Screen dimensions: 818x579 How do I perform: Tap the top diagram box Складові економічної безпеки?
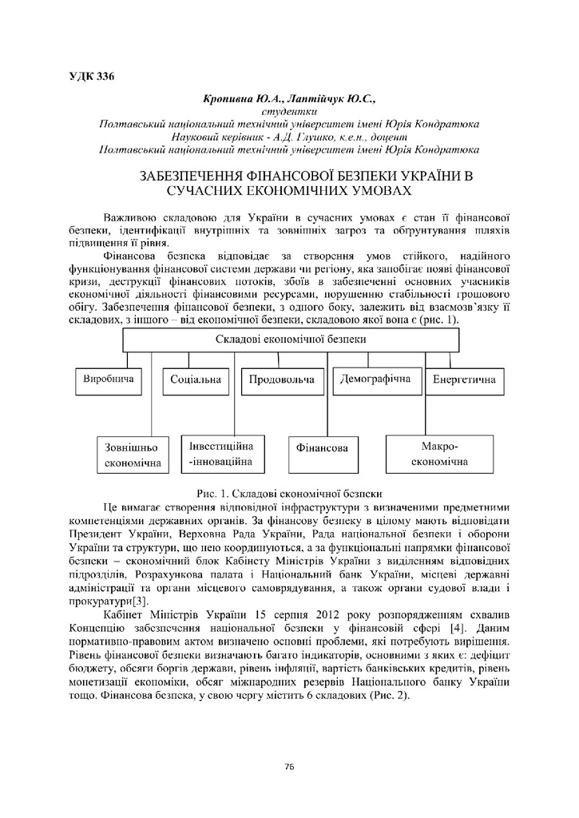click(x=291, y=339)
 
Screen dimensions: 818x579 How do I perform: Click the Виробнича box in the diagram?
click(x=108, y=379)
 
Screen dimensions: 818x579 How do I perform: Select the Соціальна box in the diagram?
click(x=196, y=379)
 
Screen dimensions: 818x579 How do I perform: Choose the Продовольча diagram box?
click(x=281, y=379)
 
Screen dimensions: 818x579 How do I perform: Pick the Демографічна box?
click(x=375, y=379)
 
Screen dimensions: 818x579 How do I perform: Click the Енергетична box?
click(x=464, y=379)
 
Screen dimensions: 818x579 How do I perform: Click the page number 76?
click(x=289, y=767)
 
